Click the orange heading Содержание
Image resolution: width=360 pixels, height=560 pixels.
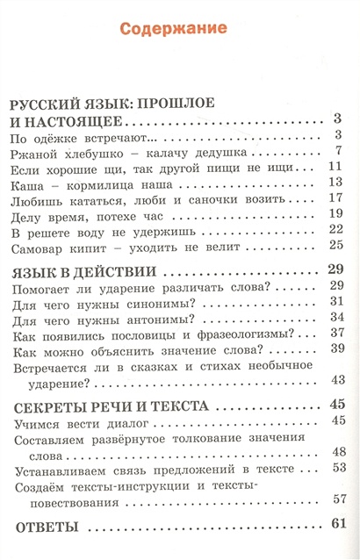tap(180, 29)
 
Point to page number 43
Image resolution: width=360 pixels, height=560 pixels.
tap(334, 379)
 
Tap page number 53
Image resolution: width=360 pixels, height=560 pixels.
tap(334, 468)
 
